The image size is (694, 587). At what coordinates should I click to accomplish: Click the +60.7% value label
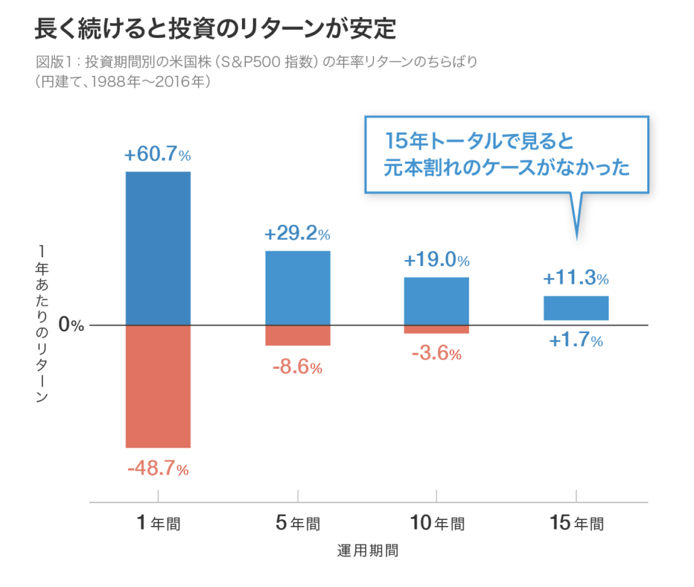[x=157, y=155]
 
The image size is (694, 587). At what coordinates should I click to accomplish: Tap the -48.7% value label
[x=157, y=468]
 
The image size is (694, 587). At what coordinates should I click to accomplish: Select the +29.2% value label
[x=297, y=235]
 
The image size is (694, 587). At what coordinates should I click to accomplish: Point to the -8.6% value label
[x=297, y=368]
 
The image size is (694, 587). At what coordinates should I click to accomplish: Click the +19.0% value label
[x=436, y=261]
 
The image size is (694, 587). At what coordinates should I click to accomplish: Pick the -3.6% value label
[x=436, y=353]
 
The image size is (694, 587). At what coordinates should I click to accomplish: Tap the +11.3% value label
[x=575, y=278]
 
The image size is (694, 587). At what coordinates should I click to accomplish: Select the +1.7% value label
[x=575, y=341]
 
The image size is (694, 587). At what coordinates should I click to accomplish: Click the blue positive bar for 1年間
[x=158, y=248]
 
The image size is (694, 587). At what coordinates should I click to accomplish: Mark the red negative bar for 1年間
[x=158, y=386]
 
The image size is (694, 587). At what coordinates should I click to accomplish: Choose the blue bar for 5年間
[x=297, y=288]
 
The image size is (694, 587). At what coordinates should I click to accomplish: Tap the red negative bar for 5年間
[x=297, y=335]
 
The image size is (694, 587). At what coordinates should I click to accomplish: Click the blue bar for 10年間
[x=436, y=301]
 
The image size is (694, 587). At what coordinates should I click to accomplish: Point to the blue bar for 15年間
[x=575, y=308]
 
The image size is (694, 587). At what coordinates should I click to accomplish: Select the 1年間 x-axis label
[x=158, y=523]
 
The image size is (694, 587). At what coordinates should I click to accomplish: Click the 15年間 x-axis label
[x=575, y=523]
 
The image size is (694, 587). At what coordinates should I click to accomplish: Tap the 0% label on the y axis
[x=70, y=325]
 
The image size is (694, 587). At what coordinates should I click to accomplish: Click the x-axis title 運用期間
[x=367, y=550]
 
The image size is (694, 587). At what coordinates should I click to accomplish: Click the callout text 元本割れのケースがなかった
[x=507, y=167]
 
